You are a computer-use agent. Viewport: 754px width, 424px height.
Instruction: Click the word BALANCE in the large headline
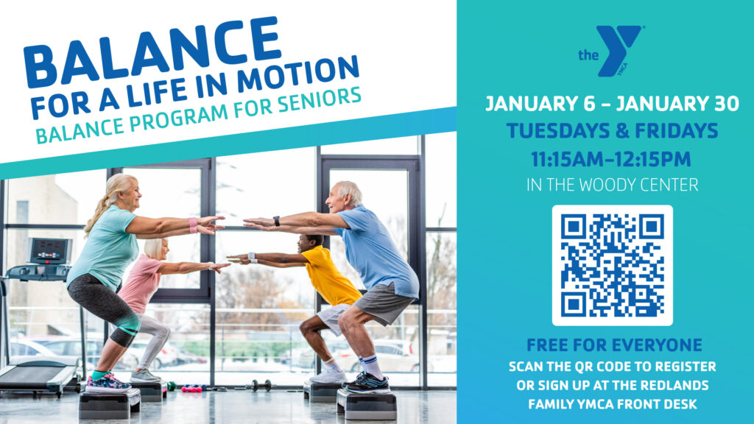click(152, 52)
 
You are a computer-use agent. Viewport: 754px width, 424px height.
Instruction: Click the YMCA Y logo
click(612, 51)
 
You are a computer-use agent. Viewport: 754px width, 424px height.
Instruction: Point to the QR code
click(612, 265)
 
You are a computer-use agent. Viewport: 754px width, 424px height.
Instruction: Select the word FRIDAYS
click(677, 131)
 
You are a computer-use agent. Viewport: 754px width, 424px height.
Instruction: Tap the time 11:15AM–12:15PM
click(611, 159)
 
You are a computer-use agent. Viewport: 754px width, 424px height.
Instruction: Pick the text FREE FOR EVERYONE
click(614, 345)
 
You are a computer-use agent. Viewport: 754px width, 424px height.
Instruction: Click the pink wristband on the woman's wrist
click(193, 225)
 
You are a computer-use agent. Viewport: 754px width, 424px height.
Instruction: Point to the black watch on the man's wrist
click(277, 221)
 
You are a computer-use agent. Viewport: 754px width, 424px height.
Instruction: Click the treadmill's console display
click(49, 251)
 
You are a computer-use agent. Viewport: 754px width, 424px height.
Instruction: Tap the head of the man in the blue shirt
click(344, 196)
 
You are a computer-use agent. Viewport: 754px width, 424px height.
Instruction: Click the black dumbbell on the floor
click(261, 386)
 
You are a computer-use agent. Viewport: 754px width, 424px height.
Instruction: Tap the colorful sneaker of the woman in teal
click(108, 382)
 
